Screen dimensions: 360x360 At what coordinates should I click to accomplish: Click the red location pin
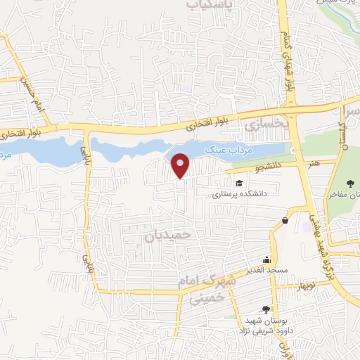click(180, 165)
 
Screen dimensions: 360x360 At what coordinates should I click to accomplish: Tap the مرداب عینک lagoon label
click(222, 150)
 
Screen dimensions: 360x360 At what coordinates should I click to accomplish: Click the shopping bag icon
click(285, 221)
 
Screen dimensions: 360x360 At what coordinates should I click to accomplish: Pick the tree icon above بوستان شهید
click(265, 309)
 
